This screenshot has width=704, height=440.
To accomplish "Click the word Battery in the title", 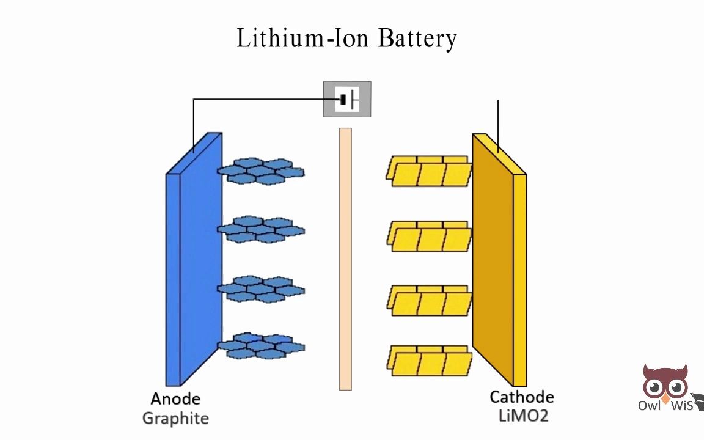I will (x=417, y=39).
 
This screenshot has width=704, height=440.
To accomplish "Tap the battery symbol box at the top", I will (x=346, y=99).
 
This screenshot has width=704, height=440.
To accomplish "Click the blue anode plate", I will (x=193, y=263).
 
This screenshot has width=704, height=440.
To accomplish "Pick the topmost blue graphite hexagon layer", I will (x=261, y=170).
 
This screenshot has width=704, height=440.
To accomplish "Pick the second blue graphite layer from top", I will (x=261, y=229).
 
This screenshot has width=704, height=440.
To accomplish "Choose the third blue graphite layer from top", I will (x=261, y=288).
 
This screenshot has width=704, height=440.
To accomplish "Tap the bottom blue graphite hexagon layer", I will (x=261, y=346).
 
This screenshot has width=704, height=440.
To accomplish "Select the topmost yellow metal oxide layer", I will (x=429, y=171).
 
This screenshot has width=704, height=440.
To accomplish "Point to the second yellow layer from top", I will (x=429, y=237).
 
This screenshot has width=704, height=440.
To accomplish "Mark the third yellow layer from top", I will (x=429, y=300).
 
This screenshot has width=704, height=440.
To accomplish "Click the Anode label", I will (x=175, y=399).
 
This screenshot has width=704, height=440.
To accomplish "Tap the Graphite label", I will (x=175, y=419).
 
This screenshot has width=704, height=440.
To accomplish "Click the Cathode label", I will (x=522, y=397).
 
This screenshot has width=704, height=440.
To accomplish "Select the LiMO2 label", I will (x=523, y=417).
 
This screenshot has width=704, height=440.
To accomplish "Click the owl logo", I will (x=665, y=385).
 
